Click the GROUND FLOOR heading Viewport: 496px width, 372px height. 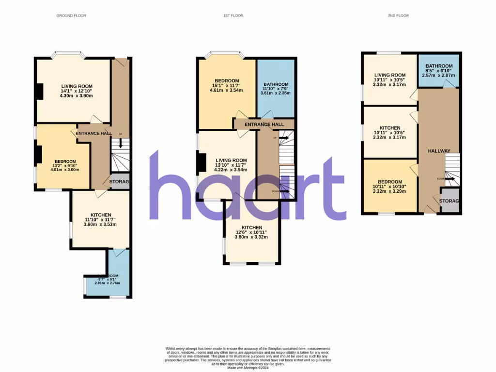71,15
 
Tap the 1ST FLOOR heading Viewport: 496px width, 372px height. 233,15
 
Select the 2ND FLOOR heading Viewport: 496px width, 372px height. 398,15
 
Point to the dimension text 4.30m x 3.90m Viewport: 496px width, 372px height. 76,96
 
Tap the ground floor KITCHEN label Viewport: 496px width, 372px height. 101,215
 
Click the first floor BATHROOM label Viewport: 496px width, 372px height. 276,84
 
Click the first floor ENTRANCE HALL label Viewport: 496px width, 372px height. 264,124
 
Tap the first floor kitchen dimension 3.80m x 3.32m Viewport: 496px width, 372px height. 252,237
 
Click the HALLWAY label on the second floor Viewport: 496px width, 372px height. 438,151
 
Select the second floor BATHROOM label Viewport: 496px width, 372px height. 439,66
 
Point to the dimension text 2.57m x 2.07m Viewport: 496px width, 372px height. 439,76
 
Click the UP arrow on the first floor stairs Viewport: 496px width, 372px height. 283,138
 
